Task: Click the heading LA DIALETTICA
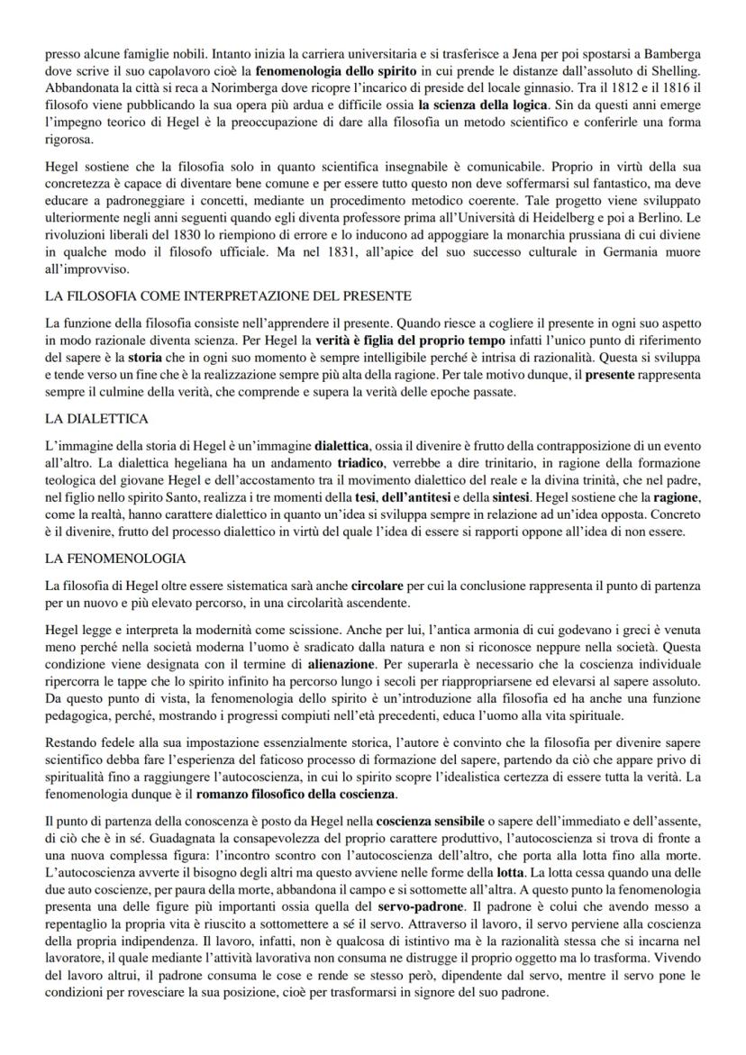(96, 419)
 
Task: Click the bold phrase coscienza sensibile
(429, 825)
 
